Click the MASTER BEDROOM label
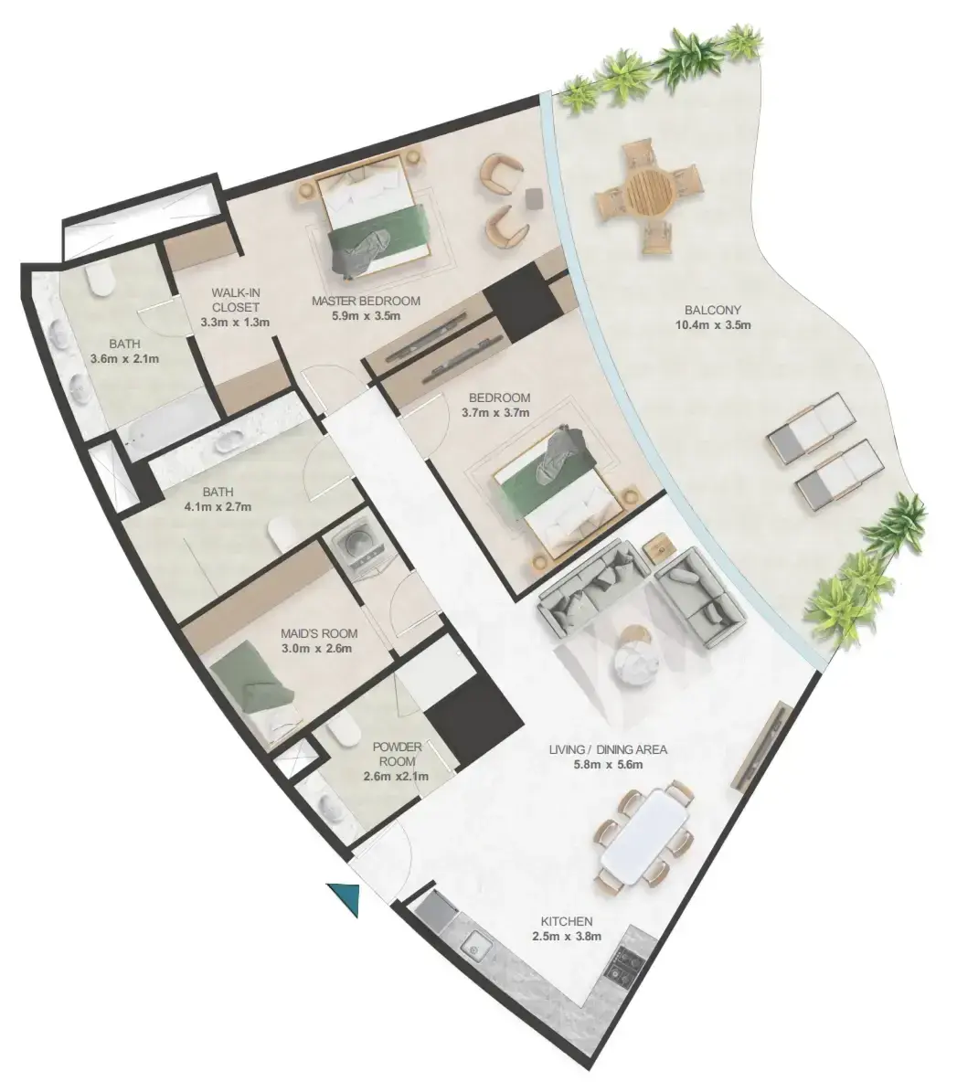coord(366,301)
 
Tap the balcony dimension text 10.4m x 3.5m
coord(713,324)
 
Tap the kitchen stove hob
coord(622,965)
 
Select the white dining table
coord(645,839)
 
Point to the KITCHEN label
coord(567,921)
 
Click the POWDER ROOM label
coord(397,754)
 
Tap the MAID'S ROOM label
coord(319,634)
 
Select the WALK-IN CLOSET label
coord(236,300)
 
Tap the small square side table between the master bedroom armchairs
coord(533,197)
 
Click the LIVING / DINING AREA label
coord(608,749)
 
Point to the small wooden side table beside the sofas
coord(658,544)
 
